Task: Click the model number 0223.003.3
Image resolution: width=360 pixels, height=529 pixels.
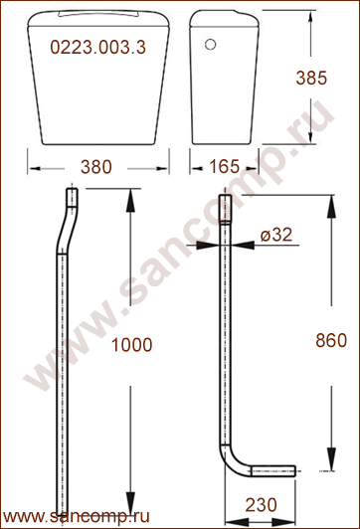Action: tap(97, 47)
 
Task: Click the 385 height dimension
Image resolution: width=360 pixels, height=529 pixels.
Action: tap(311, 78)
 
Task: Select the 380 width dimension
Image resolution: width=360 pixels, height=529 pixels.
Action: tap(96, 167)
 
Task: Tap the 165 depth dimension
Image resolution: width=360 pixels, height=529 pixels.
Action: tap(225, 166)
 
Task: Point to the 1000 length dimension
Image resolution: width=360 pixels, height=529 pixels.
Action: tap(131, 345)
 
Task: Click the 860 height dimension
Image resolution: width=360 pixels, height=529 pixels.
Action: tap(331, 340)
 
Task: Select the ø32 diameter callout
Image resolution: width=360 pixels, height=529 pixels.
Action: tap(276, 235)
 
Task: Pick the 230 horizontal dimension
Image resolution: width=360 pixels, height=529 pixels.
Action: tap(261, 505)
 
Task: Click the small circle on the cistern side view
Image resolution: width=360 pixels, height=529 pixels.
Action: tap(210, 45)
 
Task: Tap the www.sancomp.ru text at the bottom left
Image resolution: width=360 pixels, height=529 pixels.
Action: tap(77, 517)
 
